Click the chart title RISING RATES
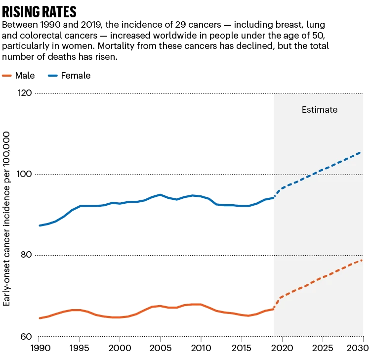coord(40,11)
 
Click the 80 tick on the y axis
coord(25,256)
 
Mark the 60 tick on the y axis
coord(25,337)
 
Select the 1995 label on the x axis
coord(79,349)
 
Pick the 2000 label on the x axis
coord(120,349)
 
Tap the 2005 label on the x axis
coord(160,349)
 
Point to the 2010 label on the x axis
coord(201,349)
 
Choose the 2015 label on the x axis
coord(241,349)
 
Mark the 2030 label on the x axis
coord(360,349)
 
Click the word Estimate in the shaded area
coord(319,110)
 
